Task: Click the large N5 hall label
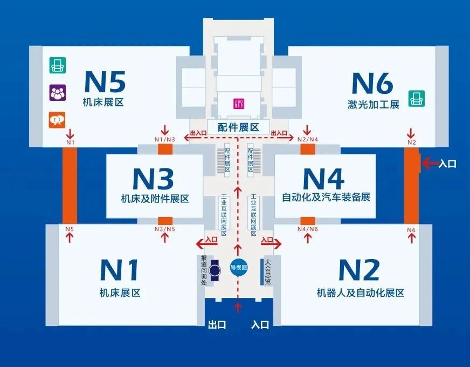tap(105, 81)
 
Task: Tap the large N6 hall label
tap(372, 83)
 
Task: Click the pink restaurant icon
tap(238, 104)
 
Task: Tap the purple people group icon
tap(57, 92)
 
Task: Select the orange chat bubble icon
tap(57, 120)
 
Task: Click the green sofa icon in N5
tap(57, 65)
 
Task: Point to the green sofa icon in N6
tap(416, 98)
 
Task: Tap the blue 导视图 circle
tap(238, 267)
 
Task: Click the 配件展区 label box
tap(238, 127)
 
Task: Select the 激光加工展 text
tap(373, 105)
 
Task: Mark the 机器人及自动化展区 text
tap(360, 293)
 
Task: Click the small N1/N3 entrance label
tap(164, 140)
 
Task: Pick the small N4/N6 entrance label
tap(308, 229)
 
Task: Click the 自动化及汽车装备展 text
tap(326, 198)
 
